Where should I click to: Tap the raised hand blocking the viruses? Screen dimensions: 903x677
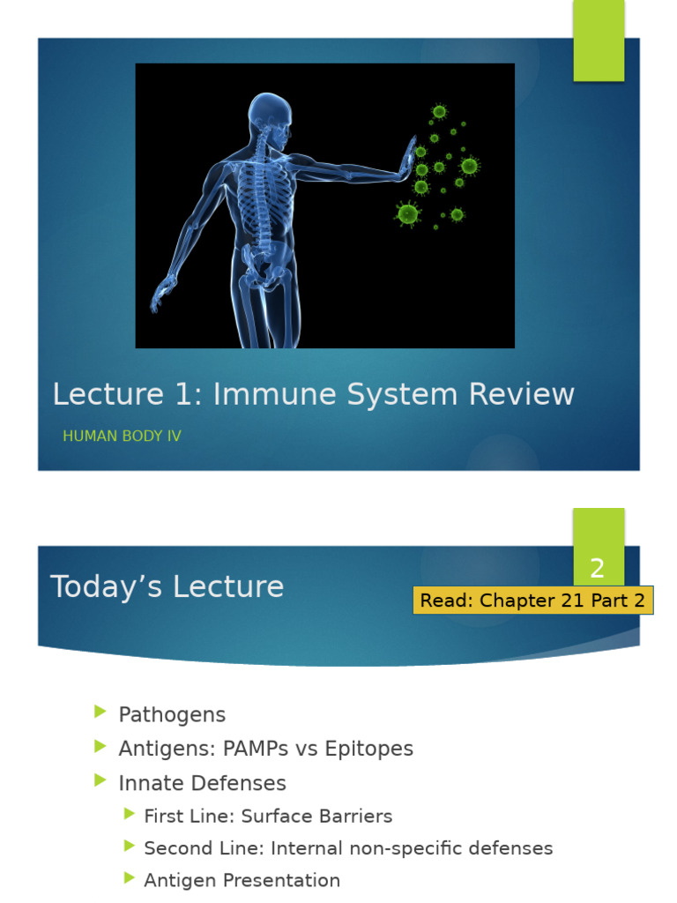405,160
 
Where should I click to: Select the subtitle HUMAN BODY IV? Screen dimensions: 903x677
122,436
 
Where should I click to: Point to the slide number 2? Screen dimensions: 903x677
598,569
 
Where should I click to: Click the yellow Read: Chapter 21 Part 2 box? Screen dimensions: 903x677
532,601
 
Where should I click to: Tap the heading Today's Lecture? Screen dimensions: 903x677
167,586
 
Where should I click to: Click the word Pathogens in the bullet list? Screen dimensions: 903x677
172,714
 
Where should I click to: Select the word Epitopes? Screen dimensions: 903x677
368,749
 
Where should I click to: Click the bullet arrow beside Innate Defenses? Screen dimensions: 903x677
100,781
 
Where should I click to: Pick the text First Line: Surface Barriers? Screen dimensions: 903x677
268,816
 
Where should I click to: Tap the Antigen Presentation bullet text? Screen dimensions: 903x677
242,880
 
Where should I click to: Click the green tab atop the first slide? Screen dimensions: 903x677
599,40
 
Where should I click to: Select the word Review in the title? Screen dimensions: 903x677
524,394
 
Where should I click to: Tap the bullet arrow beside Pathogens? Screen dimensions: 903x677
100,713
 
